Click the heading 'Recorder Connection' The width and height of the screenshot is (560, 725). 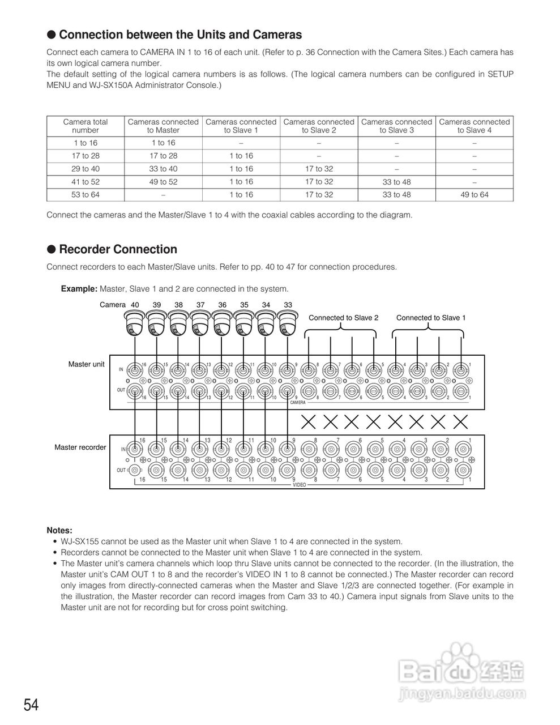(x=118, y=250)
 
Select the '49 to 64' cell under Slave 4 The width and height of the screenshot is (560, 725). (x=474, y=195)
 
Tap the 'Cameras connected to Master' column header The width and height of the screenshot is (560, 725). (x=163, y=126)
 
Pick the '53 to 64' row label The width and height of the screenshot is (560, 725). (x=85, y=195)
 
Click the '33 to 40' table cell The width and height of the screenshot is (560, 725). (x=163, y=169)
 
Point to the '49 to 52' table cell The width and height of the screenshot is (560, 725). (x=163, y=182)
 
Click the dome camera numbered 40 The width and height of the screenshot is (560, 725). (x=135, y=325)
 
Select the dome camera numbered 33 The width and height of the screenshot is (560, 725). (x=288, y=325)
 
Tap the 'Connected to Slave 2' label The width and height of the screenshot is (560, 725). (x=343, y=318)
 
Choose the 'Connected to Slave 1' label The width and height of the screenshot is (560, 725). (x=431, y=318)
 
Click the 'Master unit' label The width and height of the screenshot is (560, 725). (x=86, y=364)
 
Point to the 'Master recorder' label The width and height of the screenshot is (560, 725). (x=80, y=447)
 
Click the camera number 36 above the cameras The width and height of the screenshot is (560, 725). (x=223, y=305)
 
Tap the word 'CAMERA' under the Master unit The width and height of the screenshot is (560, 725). (x=298, y=403)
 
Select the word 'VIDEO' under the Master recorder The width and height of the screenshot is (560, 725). (x=300, y=485)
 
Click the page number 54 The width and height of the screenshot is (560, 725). (x=31, y=705)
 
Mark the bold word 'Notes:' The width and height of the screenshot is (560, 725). (x=59, y=531)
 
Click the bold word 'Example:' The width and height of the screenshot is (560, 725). (x=79, y=289)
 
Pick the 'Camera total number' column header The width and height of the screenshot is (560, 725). (x=85, y=126)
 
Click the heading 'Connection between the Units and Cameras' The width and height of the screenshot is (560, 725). (x=180, y=35)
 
